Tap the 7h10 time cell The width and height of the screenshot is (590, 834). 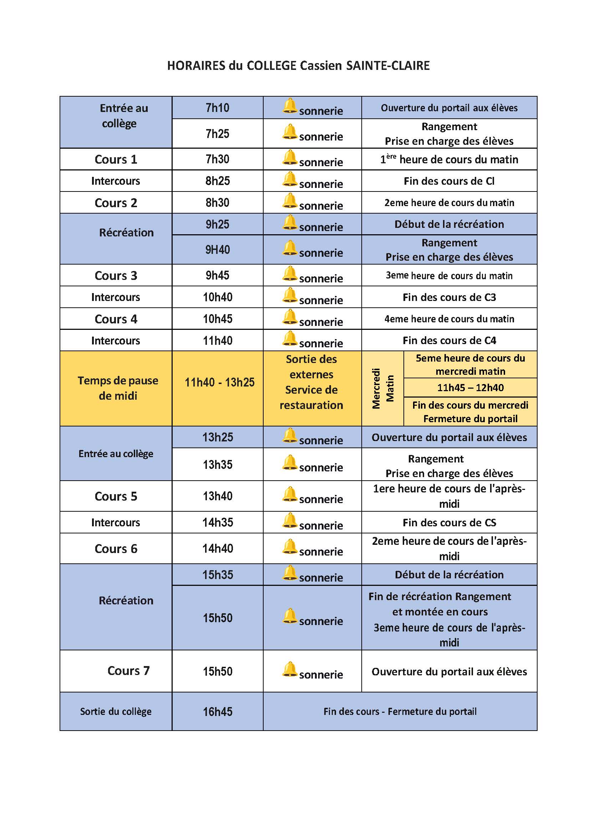point(217,108)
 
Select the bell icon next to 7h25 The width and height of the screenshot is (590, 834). point(290,132)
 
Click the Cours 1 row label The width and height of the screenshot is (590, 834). point(116,159)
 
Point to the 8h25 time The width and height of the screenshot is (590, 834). point(217,181)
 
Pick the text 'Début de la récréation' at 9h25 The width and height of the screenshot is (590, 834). point(449,224)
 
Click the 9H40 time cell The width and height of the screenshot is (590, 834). point(217,250)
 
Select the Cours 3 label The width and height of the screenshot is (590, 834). point(116,276)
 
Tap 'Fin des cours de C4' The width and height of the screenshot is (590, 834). point(449,341)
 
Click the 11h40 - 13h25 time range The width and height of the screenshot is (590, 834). point(219,383)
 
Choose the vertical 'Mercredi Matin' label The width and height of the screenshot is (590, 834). point(382,388)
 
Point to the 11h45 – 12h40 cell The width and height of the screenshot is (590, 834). point(470,388)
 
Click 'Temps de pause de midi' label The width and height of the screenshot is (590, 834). point(118,388)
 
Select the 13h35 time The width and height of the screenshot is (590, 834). point(217,465)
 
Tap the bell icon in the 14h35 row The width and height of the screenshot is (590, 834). point(290,520)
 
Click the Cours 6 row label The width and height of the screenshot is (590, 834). point(116,549)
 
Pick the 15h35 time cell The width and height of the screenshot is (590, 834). point(217,575)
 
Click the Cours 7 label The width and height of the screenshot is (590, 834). point(128,671)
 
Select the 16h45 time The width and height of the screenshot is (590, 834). point(217,712)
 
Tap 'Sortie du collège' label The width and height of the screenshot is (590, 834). point(116,712)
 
